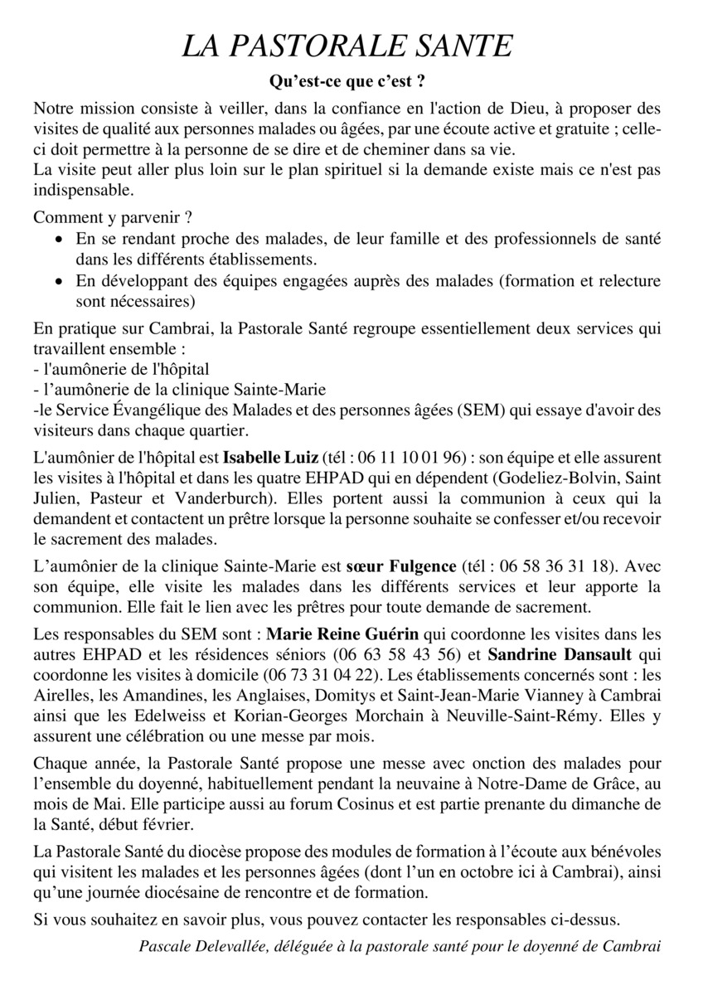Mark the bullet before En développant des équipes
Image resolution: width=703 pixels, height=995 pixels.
coord(58,281)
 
